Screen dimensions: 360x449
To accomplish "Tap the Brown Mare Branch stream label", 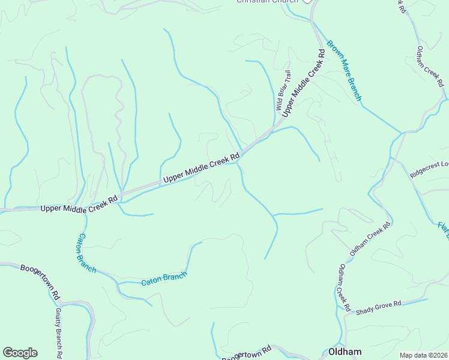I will coord(345,70).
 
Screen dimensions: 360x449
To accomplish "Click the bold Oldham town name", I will coord(345,352).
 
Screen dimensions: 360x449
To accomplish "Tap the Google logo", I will coord(20,353).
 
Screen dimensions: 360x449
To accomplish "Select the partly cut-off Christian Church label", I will coord(268,2).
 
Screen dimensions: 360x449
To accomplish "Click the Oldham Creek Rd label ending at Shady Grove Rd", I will coord(344,287).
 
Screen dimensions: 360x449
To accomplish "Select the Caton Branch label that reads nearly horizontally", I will coord(164,278).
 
